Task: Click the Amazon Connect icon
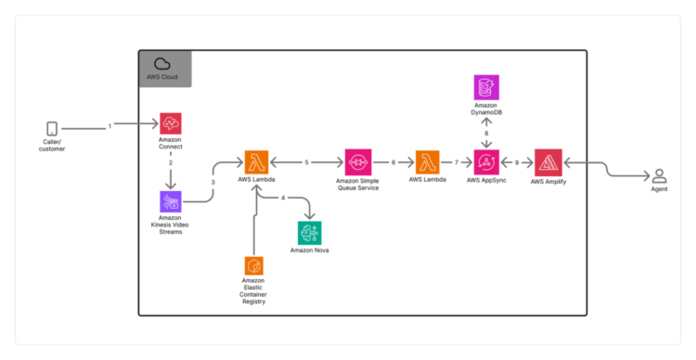click(170, 124)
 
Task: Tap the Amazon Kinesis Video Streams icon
click(170, 202)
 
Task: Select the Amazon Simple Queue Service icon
click(358, 161)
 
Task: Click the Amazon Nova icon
click(308, 233)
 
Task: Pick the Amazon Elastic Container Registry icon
click(253, 266)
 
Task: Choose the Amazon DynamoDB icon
click(486, 88)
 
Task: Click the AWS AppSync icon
click(486, 161)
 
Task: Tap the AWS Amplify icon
click(548, 161)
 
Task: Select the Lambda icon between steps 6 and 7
click(428, 161)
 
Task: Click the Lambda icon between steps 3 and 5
click(257, 161)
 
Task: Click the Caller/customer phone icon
click(52, 130)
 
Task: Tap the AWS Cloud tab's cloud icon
click(162, 62)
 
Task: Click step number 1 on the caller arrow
click(110, 124)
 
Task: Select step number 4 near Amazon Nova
click(283, 198)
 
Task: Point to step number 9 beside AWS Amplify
click(517, 161)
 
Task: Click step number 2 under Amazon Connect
click(170, 162)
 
